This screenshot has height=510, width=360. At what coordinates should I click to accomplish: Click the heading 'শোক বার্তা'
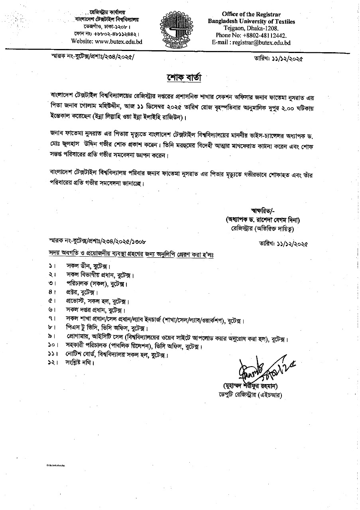click(x=180, y=76)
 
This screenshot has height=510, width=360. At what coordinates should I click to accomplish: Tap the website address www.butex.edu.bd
click(x=113, y=41)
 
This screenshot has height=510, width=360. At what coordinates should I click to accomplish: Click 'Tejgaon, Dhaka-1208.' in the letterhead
click(x=251, y=28)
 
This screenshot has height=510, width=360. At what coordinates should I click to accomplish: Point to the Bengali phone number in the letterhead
click(x=112, y=34)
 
